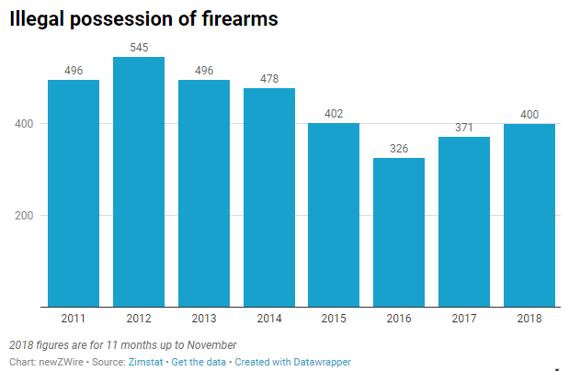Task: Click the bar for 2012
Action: pos(138,182)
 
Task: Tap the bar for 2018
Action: pos(529,215)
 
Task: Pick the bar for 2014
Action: pos(268,197)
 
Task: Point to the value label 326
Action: pos(399,150)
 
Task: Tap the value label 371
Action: pos(464,129)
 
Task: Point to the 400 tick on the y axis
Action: pos(26,124)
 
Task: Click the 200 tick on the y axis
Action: pos(26,216)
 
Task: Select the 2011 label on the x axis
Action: pos(73,318)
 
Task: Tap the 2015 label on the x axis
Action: pos(334,318)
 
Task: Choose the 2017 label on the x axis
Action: pos(464,318)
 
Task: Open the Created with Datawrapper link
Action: pos(292,363)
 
